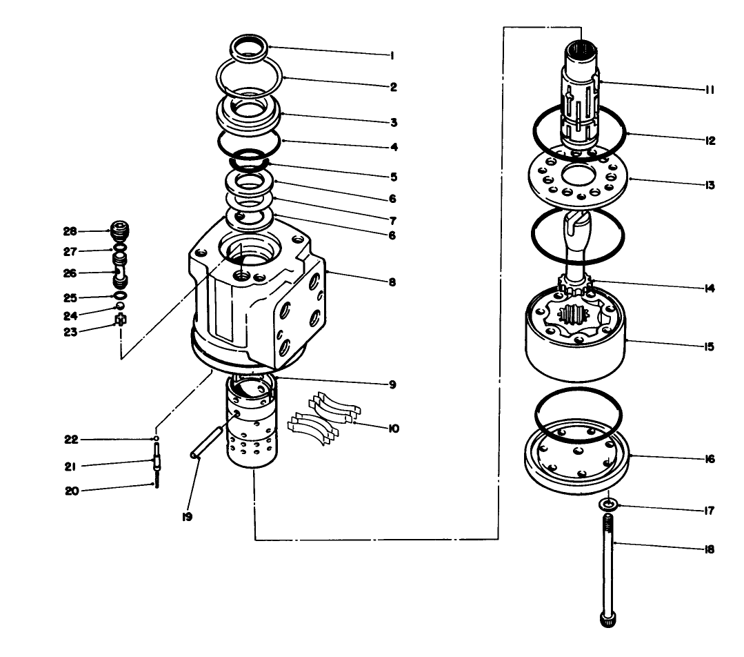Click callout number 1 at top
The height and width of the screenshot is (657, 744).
click(392, 56)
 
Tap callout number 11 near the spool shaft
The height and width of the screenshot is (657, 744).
click(710, 90)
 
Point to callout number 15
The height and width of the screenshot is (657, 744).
click(710, 347)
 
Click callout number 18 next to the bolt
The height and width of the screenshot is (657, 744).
click(710, 550)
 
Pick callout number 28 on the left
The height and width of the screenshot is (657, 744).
click(70, 231)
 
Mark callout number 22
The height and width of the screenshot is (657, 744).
click(70, 439)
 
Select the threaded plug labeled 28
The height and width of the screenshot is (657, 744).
click(120, 230)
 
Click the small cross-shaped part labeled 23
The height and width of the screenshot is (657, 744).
click(121, 320)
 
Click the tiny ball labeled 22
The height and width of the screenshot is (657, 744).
click(157, 438)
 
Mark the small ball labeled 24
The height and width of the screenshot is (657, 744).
click(120, 306)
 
